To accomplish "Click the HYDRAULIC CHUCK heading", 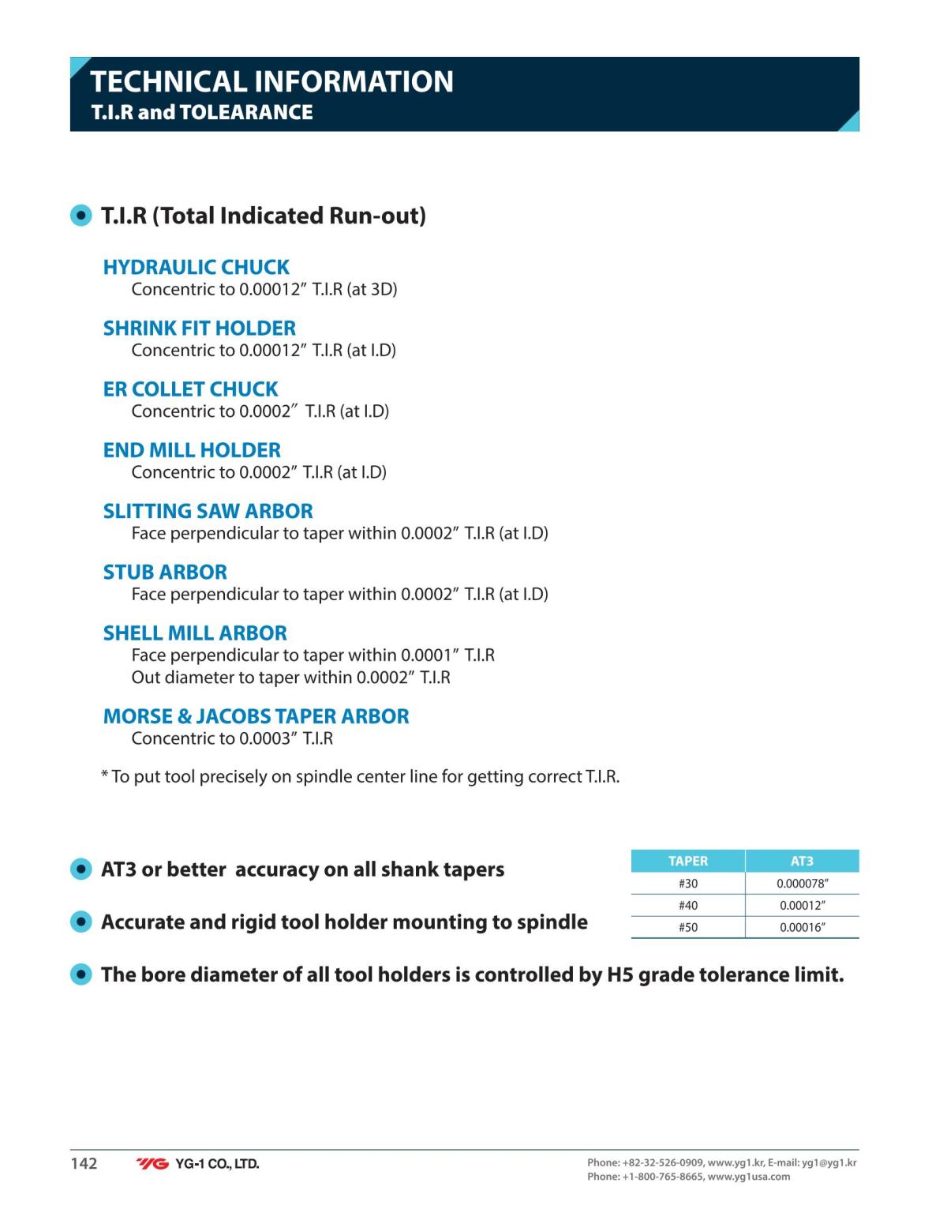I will tap(196, 267).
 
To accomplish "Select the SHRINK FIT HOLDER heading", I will tap(199, 328).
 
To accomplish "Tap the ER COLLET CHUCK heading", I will tap(190, 389).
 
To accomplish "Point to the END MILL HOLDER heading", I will tap(192, 450).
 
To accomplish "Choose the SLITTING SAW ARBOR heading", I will tap(208, 511).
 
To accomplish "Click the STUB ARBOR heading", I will tap(165, 572).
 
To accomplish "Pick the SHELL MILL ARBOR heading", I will tap(195, 633).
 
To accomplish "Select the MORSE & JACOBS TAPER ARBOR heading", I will tap(256, 716).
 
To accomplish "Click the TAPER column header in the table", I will tap(687, 861).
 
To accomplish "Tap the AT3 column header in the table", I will tap(801, 861).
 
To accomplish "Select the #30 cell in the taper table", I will tap(687, 884).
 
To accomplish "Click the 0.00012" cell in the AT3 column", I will tap(802, 906).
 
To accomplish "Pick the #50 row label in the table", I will tap(687, 928).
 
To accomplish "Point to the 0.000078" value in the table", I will tap(802, 884).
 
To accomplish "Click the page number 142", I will tap(84, 1163).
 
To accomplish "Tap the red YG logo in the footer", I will tap(152, 1164).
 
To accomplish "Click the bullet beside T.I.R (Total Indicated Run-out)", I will tap(81, 216).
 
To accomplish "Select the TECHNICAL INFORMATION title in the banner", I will tap(271, 81).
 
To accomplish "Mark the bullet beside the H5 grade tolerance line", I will tap(81, 974).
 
